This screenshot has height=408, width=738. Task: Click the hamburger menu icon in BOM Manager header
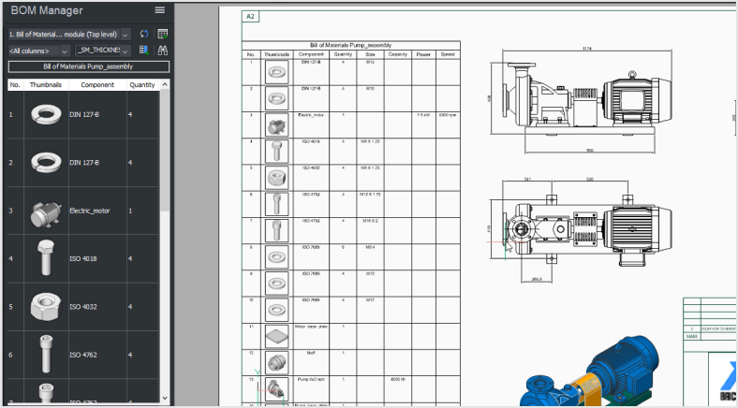[160, 10]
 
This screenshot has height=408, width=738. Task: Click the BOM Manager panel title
[47, 10]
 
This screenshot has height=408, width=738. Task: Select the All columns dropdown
[37, 51]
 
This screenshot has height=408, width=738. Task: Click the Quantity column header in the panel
[141, 85]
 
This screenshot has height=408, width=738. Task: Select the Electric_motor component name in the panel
[90, 211]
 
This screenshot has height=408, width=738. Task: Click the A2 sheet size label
[250, 17]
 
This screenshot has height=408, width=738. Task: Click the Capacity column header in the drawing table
[397, 54]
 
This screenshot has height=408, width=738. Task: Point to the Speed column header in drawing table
[448, 54]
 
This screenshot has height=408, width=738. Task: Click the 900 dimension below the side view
[589, 150]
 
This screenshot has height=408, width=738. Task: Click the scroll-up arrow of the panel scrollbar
[166, 85]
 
